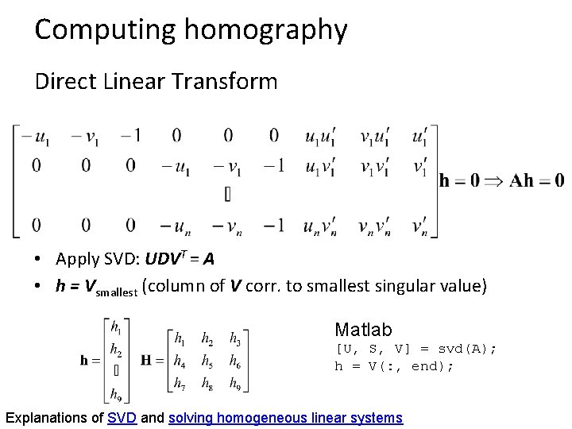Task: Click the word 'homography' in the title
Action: pyautogui.click(x=266, y=30)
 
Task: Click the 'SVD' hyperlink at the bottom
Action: pyautogui.click(x=122, y=417)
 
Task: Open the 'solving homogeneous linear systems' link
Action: pyautogui.click(x=285, y=417)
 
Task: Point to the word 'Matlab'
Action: pyautogui.click(x=363, y=329)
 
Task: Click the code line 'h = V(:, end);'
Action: pyautogui.click(x=395, y=366)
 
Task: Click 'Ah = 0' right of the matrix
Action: pyautogui.click(x=537, y=180)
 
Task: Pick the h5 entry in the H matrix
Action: pyautogui.click(x=207, y=361)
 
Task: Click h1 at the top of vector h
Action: pyautogui.click(x=116, y=326)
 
